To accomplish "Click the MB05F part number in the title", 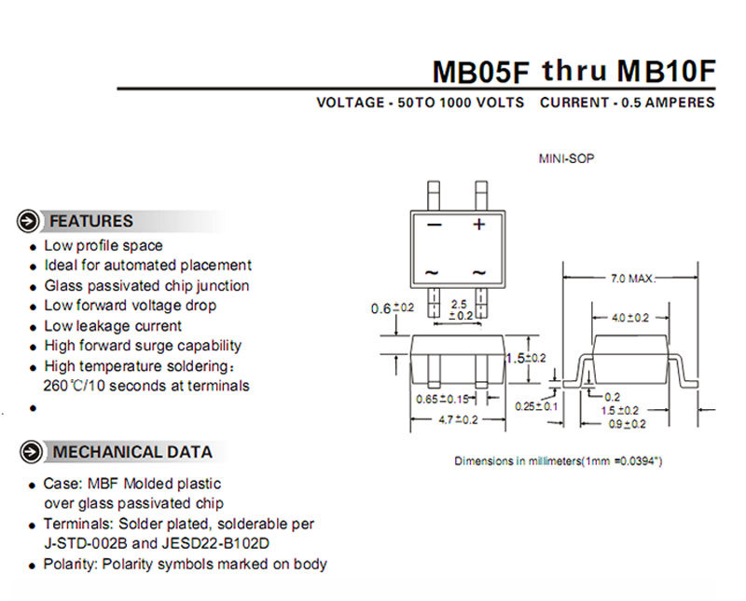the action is pyautogui.click(x=481, y=71).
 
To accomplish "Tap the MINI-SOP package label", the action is pyautogui.click(x=566, y=158).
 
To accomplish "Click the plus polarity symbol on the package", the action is pyautogui.click(x=479, y=225).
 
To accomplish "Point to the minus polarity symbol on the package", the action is pyautogui.click(x=434, y=225).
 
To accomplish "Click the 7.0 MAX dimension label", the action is pyautogui.click(x=632, y=279).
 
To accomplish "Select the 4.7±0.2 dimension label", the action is pyautogui.click(x=457, y=419).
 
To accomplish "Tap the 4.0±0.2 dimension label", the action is pyautogui.click(x=630, y=317).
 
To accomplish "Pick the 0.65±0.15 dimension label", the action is pyautogui.click(x=443, y=400).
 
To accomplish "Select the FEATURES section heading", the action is pyautogui.click(x=90, y=222).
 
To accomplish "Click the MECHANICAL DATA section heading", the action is pyautogui.click(x=131, y=453).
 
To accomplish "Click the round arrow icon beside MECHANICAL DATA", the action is pyautogui.click(x=32, y=453).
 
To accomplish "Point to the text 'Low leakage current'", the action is pyautogui.click(x=113, y=326).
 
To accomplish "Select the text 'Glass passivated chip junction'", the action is pyautogui.click(x=146, y=286).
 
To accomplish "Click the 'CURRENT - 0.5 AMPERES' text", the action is pyautogui.click(x=628, y=102).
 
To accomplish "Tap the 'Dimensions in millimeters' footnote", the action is pyautogui.click(x=559, y=461).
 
